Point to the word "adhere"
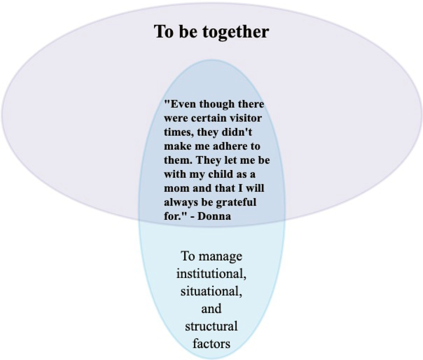click(x=232, y=146)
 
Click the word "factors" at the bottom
click(x=212, y=344)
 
